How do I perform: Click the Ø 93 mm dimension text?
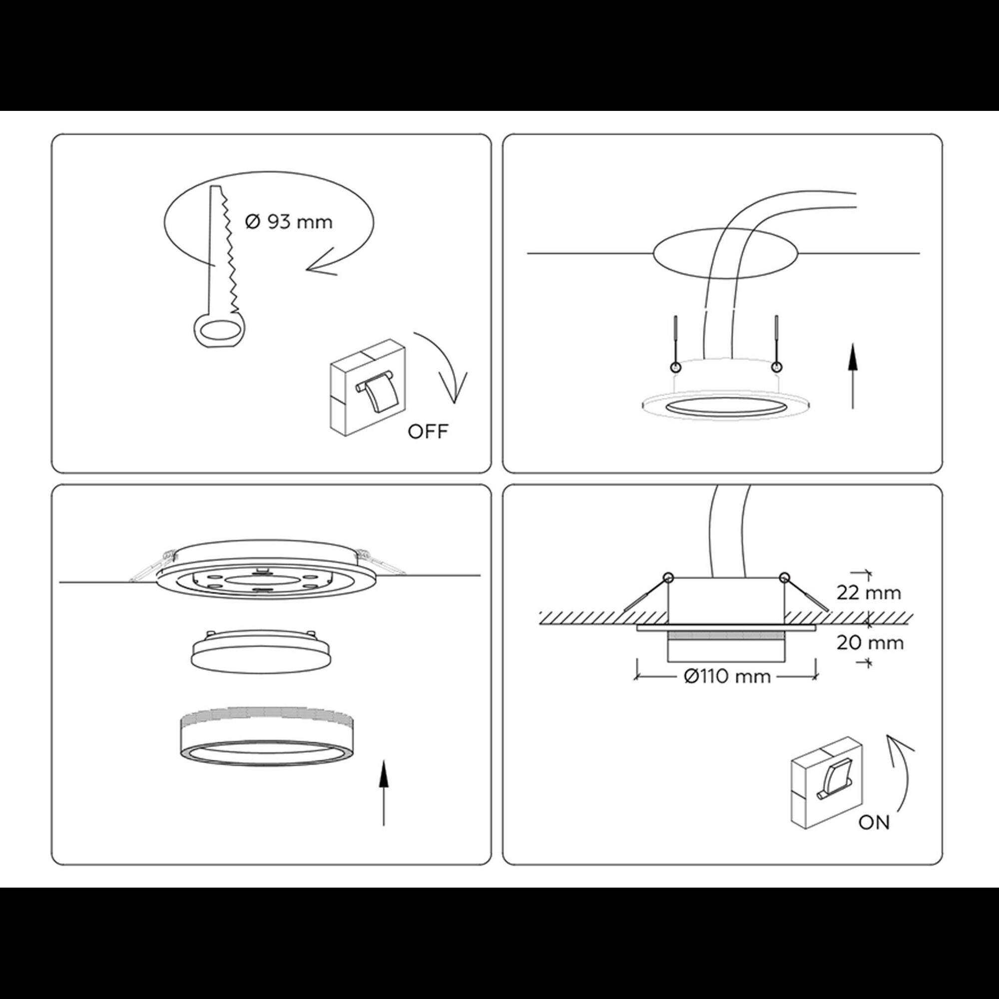288,222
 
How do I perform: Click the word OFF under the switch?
428,431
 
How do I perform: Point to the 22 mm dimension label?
869,593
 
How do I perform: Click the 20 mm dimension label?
870,643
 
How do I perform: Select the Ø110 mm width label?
726,676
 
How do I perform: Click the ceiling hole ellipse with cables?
726,253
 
